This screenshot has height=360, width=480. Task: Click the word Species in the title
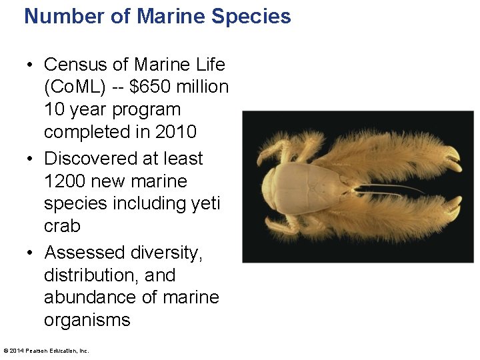pyautogui.click(x=251, y=16)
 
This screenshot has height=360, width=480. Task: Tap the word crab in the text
pyautogui.click(x=62, y=226)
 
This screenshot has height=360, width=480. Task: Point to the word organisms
pyautogui.click(x=87, y=320)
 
